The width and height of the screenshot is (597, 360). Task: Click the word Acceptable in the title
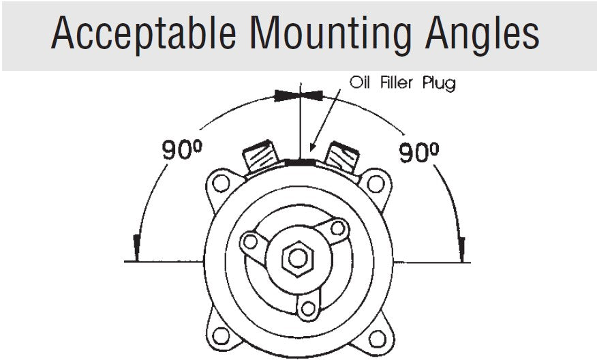[144, 33]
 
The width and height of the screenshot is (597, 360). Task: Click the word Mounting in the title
[331, 34]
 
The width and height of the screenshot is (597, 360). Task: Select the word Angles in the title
[482, 34]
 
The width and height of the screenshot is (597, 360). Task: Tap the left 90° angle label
[182, 149]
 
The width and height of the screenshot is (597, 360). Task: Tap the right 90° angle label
[418, 152]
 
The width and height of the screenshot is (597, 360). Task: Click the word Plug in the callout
[439, 83]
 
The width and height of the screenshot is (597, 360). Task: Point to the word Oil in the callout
[359, 82]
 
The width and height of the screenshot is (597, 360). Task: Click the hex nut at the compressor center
[298, 258]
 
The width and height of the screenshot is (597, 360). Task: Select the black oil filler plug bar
[300, 163]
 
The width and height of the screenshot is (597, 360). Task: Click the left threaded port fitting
[261, 156]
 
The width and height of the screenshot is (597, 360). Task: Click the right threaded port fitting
[341, 157]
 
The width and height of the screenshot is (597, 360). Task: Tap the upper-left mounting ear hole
[221, 183]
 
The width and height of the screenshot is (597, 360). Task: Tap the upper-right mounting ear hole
[376, 184]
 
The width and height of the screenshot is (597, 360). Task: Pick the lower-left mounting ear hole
[221, 335]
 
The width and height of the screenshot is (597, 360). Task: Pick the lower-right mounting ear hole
[378, 339]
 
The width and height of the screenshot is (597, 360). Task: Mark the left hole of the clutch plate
[250, 241]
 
